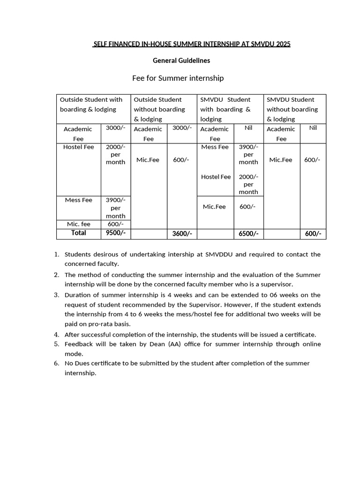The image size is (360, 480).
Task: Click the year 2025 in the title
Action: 283,44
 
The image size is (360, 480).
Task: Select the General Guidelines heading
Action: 181,60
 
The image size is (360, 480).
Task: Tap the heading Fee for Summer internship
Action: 178,78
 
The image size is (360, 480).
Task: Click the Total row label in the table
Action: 78,233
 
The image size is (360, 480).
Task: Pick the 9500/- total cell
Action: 116,233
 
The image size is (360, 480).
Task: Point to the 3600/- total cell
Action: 182,233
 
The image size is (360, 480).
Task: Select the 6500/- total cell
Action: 248,233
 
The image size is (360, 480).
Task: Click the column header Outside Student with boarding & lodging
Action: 91,104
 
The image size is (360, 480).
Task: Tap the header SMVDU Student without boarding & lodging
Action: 292,109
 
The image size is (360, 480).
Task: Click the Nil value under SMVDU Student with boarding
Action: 248,127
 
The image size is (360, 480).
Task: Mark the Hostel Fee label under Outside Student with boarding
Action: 78,147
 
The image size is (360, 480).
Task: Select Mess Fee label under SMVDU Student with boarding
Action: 215,147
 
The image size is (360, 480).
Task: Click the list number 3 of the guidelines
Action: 56,295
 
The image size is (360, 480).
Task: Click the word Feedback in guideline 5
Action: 79,344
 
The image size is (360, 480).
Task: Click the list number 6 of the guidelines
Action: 56,363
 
